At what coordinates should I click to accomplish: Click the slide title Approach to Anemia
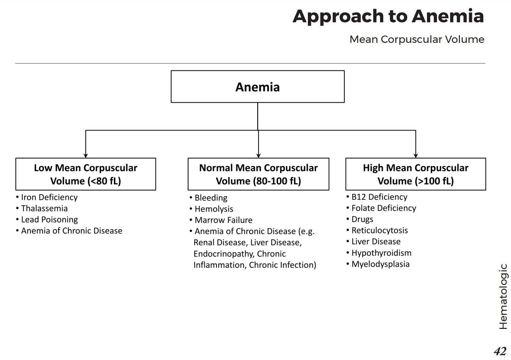(388, 16)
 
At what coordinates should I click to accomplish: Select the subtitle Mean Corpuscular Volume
(417, 39)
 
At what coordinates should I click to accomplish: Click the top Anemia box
(257, 87)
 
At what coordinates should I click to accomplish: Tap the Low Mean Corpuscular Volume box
(86, 174)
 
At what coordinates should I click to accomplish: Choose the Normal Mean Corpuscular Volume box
(258, 174)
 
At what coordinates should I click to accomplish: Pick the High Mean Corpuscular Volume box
(415, 174)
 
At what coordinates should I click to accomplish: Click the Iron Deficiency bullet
(49, 197)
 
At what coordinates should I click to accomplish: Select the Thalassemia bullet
(44, 208)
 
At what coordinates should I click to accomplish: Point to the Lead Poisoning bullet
(49, 220)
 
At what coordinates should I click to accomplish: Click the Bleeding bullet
(211, 198)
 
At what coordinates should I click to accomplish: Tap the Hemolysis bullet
(214, 209)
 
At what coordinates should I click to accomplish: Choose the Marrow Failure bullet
(223, 220)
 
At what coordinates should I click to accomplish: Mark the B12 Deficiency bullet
(379, 197)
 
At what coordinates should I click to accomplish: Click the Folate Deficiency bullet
(384, 208)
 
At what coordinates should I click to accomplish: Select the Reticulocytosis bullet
(379, 230)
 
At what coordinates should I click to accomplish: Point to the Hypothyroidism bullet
(381, 253)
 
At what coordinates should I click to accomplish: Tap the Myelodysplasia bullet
(380, 264)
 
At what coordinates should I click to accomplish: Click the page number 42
(500, 351)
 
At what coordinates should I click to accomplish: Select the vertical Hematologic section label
(503, 296)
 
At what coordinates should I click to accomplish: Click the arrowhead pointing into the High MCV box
(416, 156)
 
